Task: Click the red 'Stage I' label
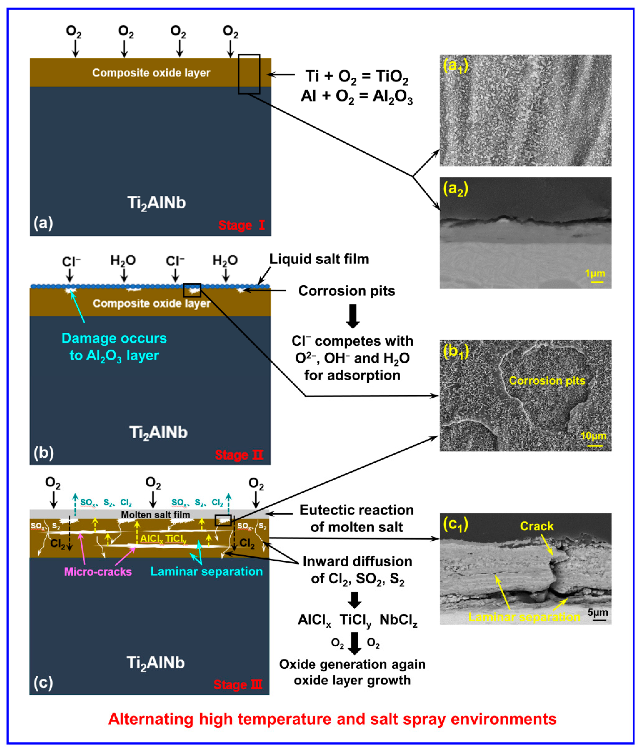coord(241,225)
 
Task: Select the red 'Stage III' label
coord(238,684)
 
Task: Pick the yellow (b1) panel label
coord(456,351)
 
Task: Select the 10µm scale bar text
coord(593,436)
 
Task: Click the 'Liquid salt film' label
coord(319,259)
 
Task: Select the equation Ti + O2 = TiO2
coord(357,77)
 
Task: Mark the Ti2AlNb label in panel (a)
coord(156,203)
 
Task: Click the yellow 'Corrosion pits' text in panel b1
coord(547,381)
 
